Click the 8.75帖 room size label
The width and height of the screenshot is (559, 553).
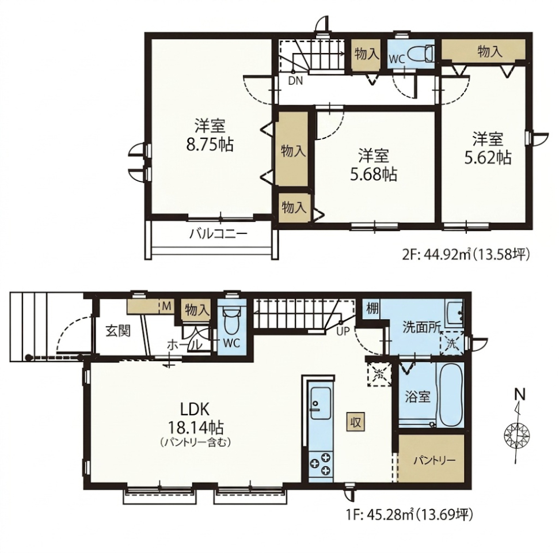click(210, 145)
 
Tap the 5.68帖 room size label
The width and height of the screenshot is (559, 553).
click(374, 175)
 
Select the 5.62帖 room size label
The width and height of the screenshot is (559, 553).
click(488, 157)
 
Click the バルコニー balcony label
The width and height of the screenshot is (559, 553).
click(218, 234)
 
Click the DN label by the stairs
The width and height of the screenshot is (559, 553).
click(295, 81)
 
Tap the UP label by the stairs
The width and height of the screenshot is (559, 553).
click(343, 331)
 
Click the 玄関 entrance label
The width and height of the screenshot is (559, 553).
click(118, 331)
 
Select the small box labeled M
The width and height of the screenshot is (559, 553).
click(166, 306)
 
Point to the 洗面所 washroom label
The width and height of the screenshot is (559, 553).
click(422, 327)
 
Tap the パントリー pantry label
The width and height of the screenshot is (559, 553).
click(434, 460)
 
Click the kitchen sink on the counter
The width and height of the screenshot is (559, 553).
click(320, 404)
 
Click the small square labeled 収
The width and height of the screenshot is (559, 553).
click(356, 423)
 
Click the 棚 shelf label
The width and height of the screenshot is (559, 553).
click(372, 308)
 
